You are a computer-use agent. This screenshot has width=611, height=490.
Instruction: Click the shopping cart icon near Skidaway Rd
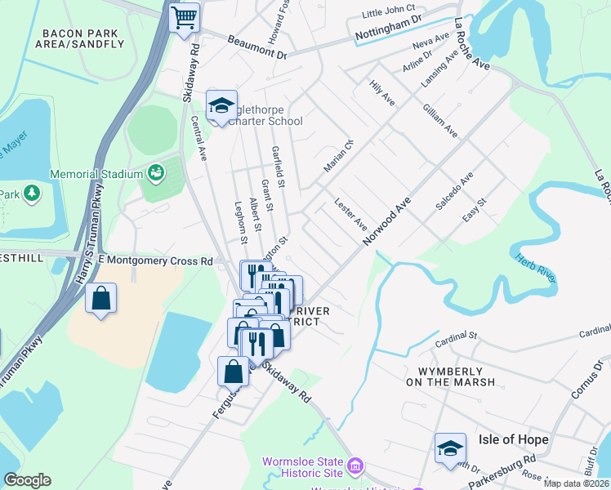pos(185,16)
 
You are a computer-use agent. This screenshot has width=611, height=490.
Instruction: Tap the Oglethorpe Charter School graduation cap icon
pos(221,106)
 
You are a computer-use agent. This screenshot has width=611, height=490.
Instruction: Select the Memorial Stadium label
pos(95,174)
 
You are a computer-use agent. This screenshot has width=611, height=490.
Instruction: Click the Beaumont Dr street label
pos(257,47)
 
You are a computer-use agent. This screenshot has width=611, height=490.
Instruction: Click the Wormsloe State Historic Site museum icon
pos(355,467)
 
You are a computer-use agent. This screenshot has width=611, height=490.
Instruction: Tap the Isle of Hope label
pos(514,439)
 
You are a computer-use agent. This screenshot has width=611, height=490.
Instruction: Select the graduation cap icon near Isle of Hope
pos(450,448)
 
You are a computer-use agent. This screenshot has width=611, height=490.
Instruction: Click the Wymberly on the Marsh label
pos(450,376)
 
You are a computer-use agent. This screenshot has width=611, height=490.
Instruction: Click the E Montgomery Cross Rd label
pos(155,261)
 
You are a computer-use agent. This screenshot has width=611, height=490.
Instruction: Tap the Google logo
pos(28,480)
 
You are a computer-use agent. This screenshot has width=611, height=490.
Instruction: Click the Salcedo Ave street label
pos(454,193)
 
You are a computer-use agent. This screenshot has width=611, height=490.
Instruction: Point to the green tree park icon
pos(32,194)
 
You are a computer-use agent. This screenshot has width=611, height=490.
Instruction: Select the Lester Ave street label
pos(351,213)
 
